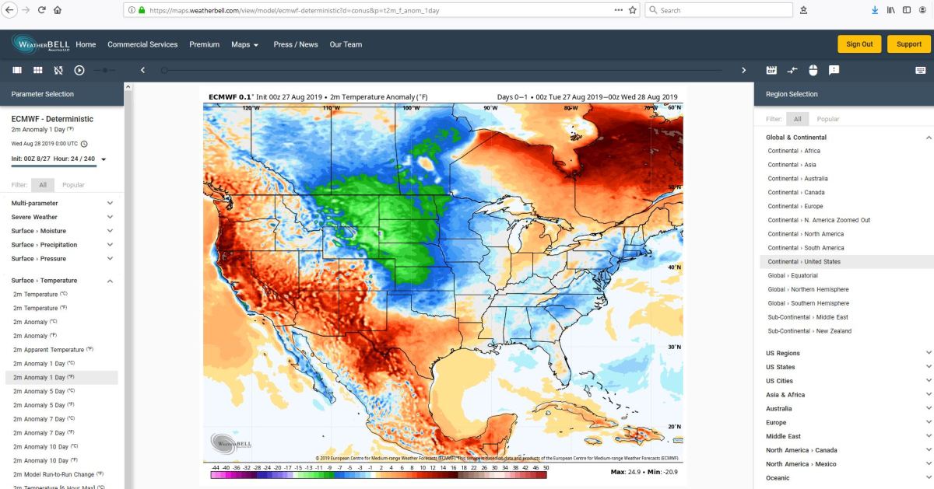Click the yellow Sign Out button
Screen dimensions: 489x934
click(x=859, y=44)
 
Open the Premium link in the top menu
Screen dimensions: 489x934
click(x=205, y=44)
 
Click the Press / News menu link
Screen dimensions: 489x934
click(x=296, y=44)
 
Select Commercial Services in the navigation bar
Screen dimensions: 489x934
click(x=142, y=44)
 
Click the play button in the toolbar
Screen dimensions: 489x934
click(x=79, y=70)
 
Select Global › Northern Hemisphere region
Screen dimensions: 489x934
click(x=809, y=289)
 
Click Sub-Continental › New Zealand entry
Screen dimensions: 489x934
click(x=809, y=331)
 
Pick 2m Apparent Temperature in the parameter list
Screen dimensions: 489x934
click(x=48, y=350)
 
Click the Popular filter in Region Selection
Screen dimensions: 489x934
click(x=828, y=119)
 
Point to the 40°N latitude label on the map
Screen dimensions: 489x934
click(x=675, y=267)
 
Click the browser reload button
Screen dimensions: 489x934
click(x=41, y=10)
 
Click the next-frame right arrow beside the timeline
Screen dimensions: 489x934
click(x=743, y=70)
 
